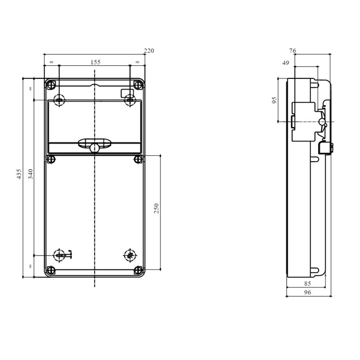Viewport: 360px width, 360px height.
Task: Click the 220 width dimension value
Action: pyautogui.click(x=148, y=51)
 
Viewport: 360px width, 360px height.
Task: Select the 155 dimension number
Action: pyautogui.click(x=94, y=62)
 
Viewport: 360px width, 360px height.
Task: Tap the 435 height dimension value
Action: pyautogui.click(x=19, y=174)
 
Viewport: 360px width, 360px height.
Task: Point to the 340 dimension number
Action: pyautogui.click(x=31, y=174)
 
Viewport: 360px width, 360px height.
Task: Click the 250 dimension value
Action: pyautogui.click(x=157, y=208)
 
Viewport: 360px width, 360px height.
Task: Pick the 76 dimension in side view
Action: pyautogui.click(x=292, y=51)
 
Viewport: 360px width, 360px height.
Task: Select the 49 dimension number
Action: pyautogui.click(x=285, y=63)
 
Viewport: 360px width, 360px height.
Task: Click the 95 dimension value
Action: pyautogui.click(x=275, y=99)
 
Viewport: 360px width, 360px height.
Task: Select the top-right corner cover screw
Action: pyautogui.click(x=137, y=85)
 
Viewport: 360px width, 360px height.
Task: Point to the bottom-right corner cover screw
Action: pyautogui.click(x=137, y=270)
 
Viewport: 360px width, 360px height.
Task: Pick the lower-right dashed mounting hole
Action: pyautogui.click(x=130, y=255)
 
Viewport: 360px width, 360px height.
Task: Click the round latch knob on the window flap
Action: pyautogui.click(x=94, y=147)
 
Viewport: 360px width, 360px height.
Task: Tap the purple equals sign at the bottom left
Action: pyautogui.click(x=31, y=266)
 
